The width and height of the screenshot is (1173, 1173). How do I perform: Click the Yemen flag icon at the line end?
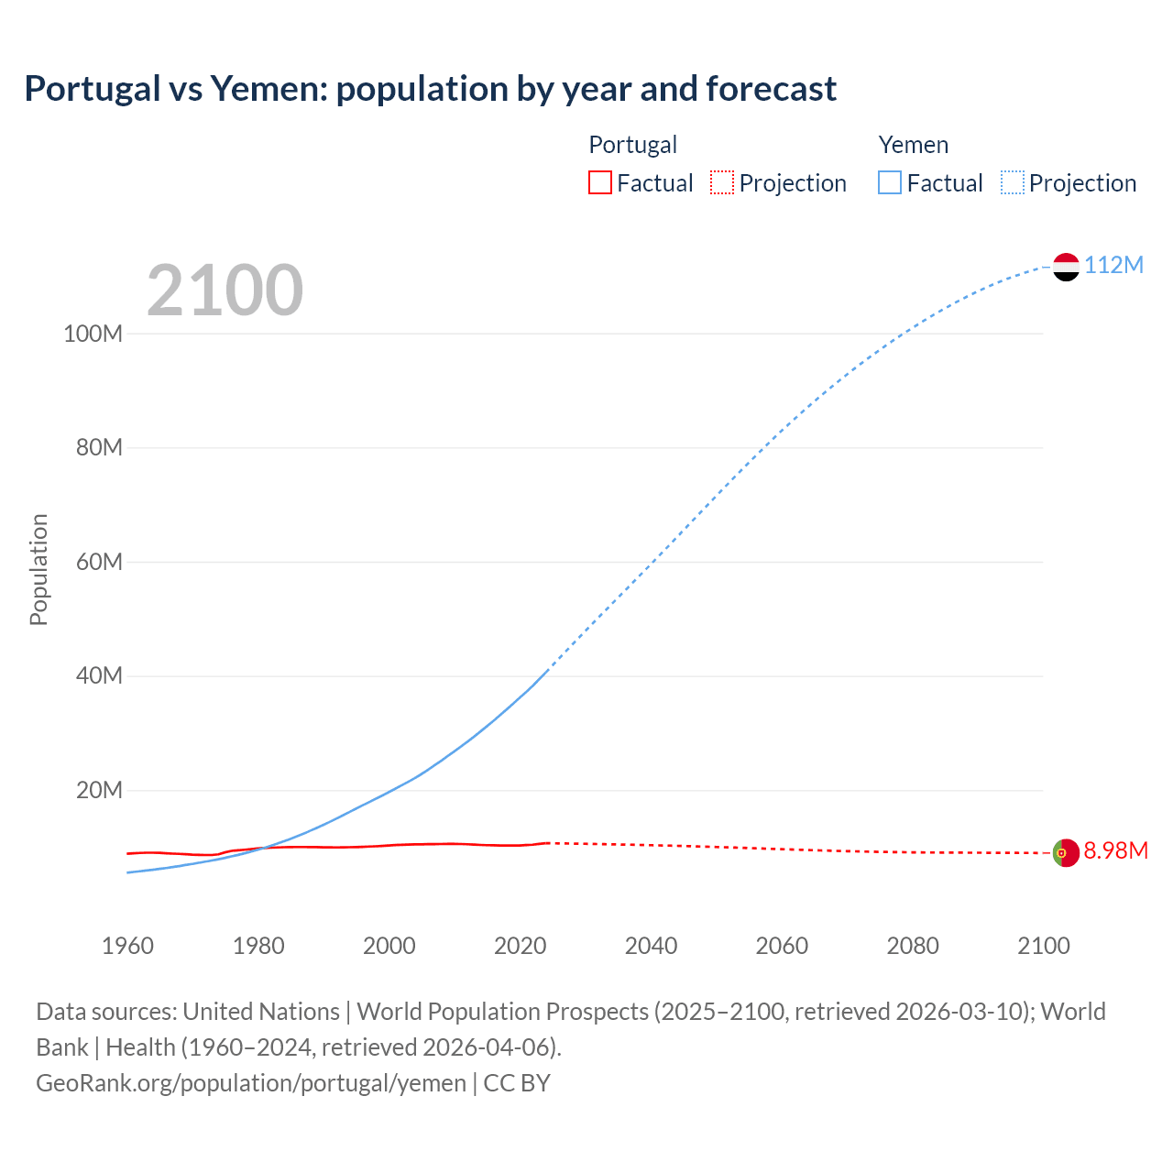pyautogui.click(x=1066, y=267)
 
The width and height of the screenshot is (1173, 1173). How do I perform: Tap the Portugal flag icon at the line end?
pyautogui.click(x=1066, y=852)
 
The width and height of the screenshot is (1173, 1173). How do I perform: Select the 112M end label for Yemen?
pyautogui.click(x=1113, y=265)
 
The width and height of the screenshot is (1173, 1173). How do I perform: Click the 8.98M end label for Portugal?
pyautogui.click(x=1115, y=850)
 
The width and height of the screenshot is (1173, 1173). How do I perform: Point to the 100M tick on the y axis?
pyautogui.click(x=93, y=334)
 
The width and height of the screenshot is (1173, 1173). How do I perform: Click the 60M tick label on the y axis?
pyautogui.click(x=99, y=562)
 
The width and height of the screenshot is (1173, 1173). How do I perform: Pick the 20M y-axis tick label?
pyautogui.click(x=99, y=790)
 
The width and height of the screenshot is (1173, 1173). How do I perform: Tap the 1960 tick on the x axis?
pyautogui.click(x=127, y=946)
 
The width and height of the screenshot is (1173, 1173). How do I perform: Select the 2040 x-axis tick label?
pyautogui.click(x=651, y=946)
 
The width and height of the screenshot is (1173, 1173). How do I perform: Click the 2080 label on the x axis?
pyautogui.click(x=913, y=946)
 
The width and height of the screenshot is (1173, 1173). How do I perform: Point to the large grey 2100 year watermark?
pyautogui.click(x=225, y=291)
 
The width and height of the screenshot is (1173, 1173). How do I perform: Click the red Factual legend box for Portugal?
pyautogui.click(x=599, y=182)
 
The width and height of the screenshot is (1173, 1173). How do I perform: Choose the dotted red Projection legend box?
pyautogui.click(x=722, y=182)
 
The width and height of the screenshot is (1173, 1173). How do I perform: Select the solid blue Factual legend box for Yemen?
pyautogui.click(x=890, y=182)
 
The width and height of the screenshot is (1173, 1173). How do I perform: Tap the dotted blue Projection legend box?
pyautogui.click(x=1013, y=182)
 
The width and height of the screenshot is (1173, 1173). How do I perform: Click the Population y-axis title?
pyautogui.click(x=38, y=569)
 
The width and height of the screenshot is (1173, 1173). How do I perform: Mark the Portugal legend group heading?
pyautogui.click(x=632, y=145)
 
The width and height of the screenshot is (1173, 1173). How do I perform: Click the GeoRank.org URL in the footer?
pyautogui.click(x=251, y=1082)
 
